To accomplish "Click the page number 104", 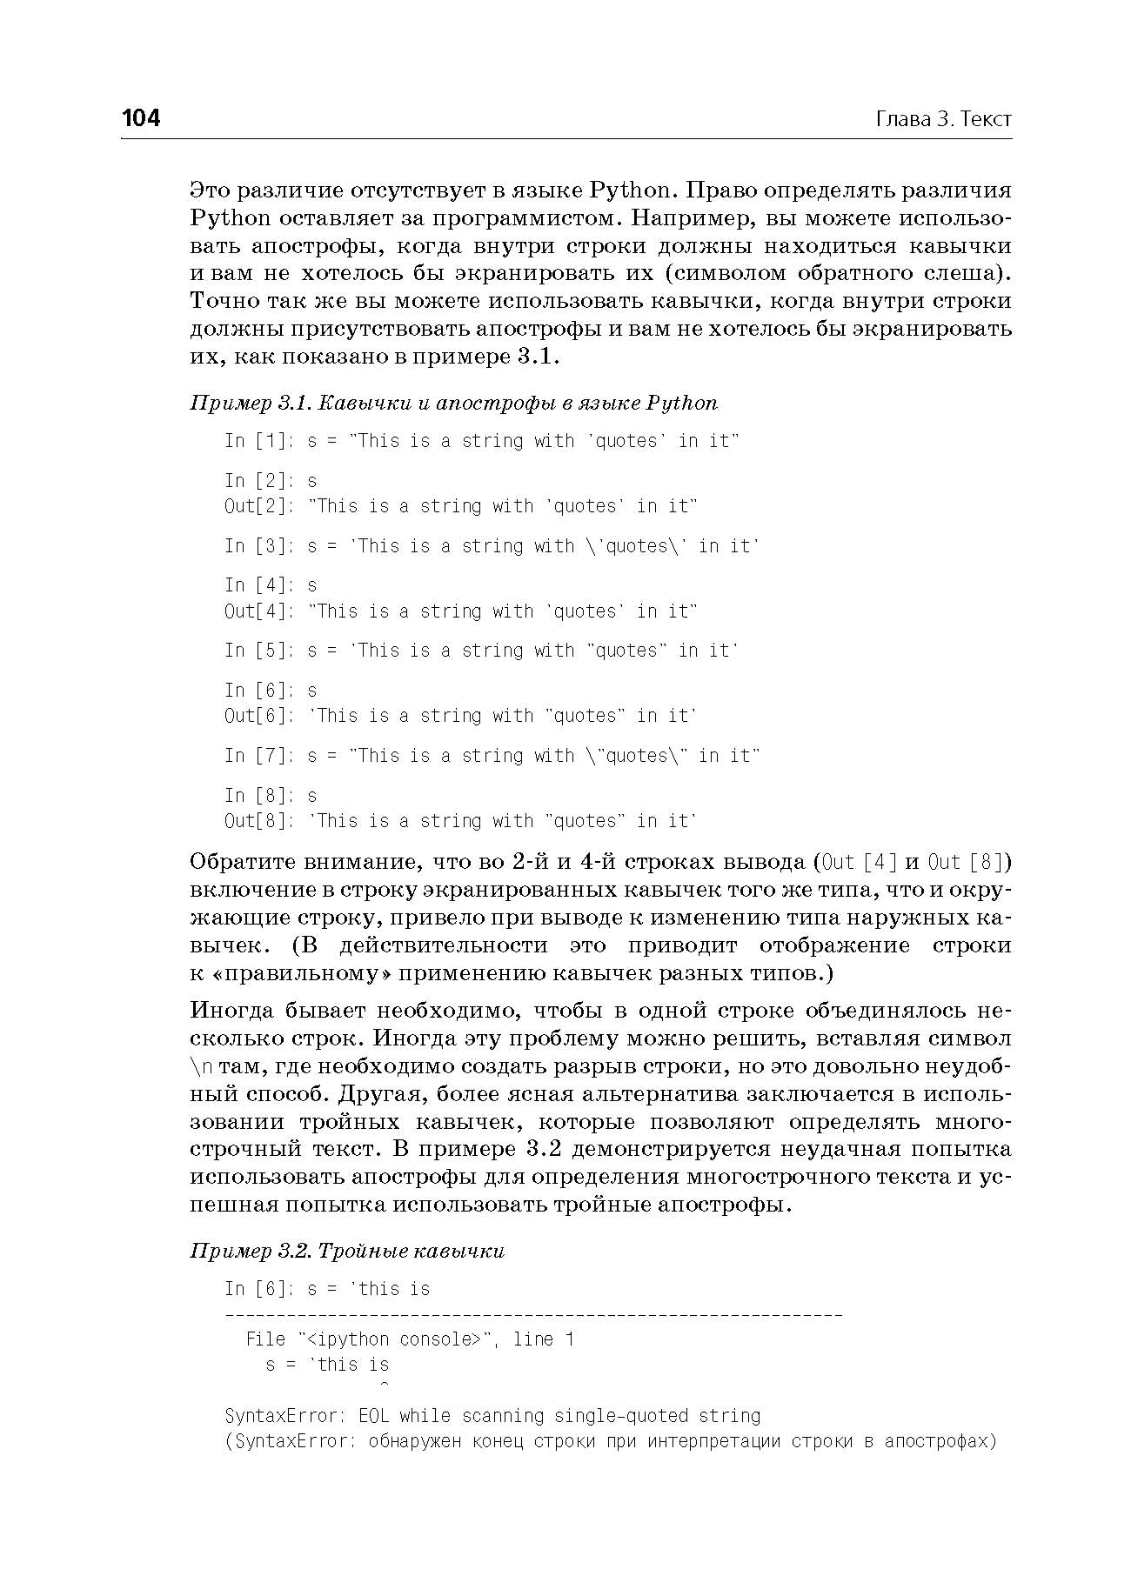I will (141, 118).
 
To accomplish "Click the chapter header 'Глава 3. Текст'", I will (943, 119).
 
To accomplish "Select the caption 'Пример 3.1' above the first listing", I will (250, 404).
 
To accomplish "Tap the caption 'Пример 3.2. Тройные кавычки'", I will (347, 1251).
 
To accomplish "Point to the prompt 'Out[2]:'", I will (259, 506).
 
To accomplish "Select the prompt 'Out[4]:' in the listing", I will (259, 611).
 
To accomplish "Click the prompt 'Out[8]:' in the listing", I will (259, 821).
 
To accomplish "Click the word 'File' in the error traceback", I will (266, 1339).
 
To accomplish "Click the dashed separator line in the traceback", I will (533, 1314).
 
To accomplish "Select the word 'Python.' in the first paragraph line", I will (632, 190).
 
